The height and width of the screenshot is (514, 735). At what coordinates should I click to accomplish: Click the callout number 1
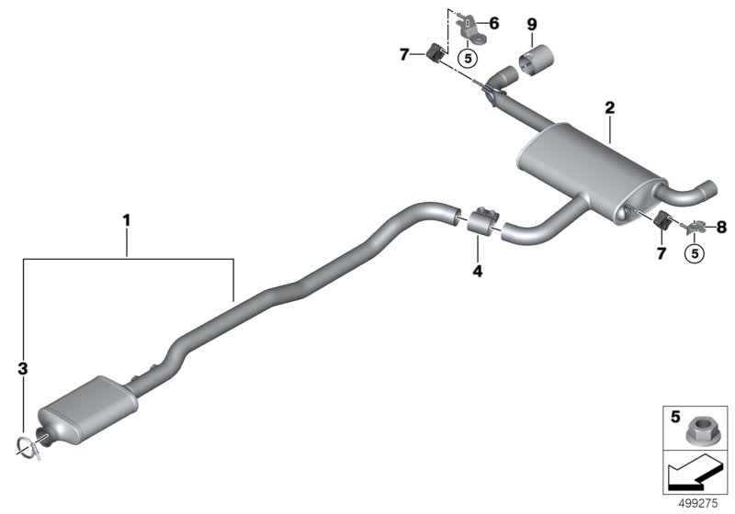point(126,219)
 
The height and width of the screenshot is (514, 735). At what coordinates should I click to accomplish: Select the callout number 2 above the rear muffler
point(609,108)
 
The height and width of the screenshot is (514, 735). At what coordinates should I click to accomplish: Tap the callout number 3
point(22,368)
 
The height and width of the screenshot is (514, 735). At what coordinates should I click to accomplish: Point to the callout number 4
point(477,271)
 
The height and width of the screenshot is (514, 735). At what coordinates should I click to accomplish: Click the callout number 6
point(494,23)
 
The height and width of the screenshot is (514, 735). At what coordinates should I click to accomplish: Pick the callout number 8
point(721,228)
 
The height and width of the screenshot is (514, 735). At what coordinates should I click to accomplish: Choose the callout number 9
point(532,24)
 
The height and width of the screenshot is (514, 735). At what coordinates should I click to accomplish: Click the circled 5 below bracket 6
point(468,59)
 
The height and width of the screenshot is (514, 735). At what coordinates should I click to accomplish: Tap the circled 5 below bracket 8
point(695,253)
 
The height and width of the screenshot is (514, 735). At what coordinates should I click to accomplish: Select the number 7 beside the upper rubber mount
point(404,55)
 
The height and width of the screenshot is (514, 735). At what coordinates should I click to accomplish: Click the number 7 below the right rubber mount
point(661,253)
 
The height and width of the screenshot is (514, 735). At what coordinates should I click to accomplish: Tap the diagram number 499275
point(698,504)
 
